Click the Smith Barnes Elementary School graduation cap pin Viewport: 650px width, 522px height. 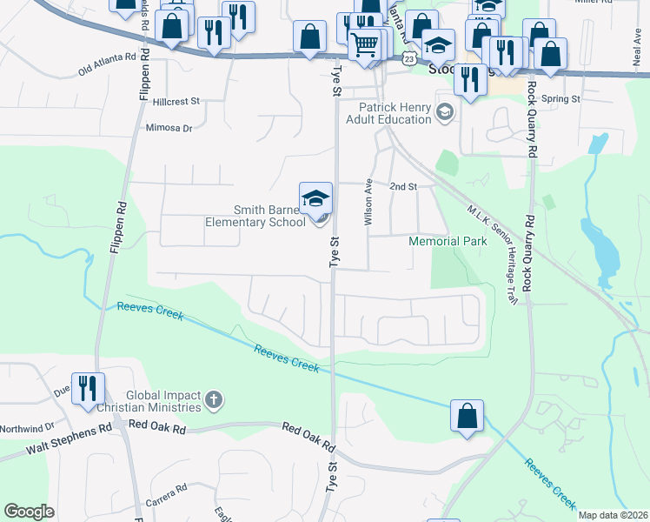[x=316, y=197]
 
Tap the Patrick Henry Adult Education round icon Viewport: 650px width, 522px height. [x=445, y=110]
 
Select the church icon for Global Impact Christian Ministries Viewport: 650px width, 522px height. [x=214, y=401]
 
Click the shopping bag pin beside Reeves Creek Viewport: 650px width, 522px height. [x=468, y=416]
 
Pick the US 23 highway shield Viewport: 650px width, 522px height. [x=408, y=57]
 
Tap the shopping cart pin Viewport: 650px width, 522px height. [x=366, y=43]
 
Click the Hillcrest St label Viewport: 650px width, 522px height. [x=176, y=102]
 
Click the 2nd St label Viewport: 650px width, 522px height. [x=403, y=186]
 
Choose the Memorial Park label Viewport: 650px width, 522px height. [x=448, y=241]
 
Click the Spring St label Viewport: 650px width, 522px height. [x=560, y=99]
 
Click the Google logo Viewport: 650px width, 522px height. [x=30, y=512]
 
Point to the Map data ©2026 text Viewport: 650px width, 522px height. [x=612, y=515]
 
